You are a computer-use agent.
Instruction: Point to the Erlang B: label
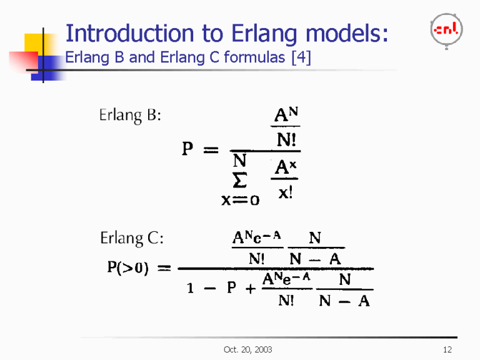tap(130, 116)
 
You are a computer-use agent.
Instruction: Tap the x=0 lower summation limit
tap(240, 200)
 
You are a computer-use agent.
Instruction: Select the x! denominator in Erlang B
tap(284, 193)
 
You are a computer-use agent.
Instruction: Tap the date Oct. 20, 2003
tap(247, 349)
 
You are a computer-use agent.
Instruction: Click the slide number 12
tap(446, 349)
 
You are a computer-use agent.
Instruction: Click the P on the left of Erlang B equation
tap(187, 149)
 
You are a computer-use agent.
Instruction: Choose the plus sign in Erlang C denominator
tap(251, 290)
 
